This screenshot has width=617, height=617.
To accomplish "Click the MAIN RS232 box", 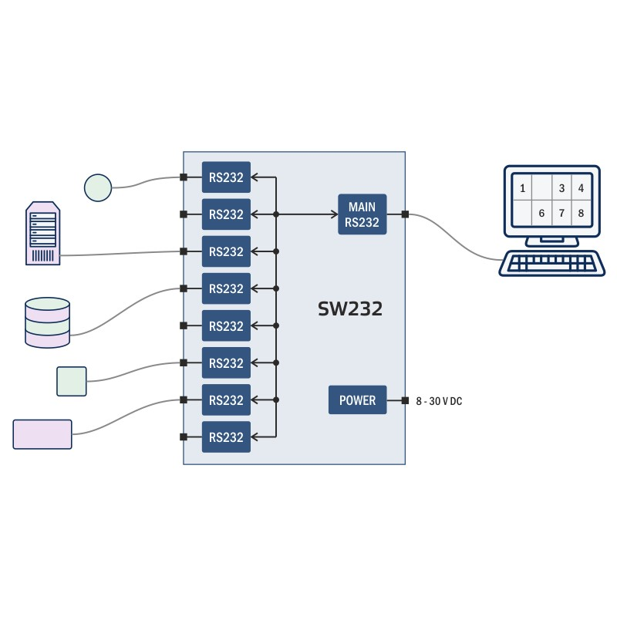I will (362, 214).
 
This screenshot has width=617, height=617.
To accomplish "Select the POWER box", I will (357, 400).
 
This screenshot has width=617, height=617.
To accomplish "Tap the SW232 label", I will (350, 309).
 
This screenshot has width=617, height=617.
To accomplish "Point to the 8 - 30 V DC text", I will (439, 401).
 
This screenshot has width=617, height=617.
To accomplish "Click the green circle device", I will (98, 187).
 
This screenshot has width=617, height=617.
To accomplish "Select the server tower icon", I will (43, 234).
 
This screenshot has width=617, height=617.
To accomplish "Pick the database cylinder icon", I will (47, 322).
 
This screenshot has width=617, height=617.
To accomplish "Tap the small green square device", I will (72, 381).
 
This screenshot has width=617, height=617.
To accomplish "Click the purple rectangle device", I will (42, 434).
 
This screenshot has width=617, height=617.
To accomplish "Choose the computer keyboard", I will (551, 264).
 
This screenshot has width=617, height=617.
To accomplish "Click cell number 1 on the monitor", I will (523, 188).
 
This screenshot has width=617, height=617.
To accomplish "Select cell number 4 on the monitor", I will (581, 188).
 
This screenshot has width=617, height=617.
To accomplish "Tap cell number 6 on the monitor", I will (542, 213).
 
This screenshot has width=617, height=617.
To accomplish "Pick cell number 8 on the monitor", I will (581, 213).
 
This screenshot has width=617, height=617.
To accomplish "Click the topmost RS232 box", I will (226, 177).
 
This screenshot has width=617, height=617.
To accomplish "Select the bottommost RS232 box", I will (226, 437).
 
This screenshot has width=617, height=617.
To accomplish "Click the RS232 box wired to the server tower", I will (226, 251).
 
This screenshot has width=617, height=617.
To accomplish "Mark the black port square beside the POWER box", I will (405, 400).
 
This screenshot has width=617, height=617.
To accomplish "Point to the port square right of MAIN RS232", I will (405, 214).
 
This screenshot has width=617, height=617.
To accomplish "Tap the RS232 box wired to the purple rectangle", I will (226, 400).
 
